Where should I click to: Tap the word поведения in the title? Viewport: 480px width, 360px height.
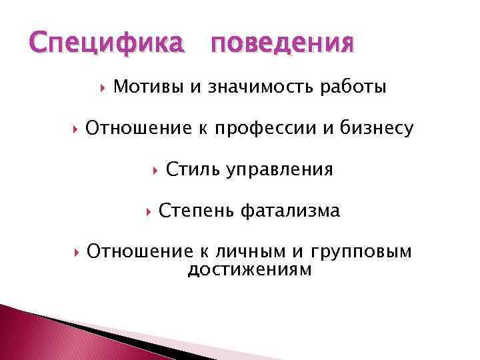point(281,45)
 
